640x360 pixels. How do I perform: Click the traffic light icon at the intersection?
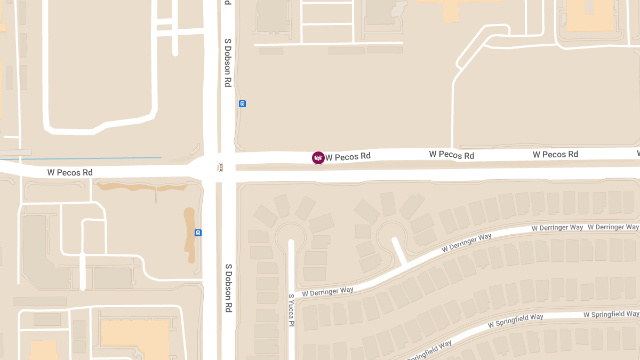point(220,167)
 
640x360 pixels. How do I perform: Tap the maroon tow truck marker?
point(318,157)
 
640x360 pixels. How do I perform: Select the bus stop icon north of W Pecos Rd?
point(242,103)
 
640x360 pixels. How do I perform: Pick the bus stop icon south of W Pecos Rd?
point(198,233)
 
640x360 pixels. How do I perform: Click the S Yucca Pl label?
point(291,310)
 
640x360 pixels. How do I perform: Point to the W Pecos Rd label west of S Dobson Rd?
point(70,172)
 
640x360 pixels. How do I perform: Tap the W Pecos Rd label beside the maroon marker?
point(348,157)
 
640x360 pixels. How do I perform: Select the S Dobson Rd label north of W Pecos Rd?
point(228,62)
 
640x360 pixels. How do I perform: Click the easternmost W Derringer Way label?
point(613,227)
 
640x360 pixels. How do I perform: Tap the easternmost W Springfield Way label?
point(611,314)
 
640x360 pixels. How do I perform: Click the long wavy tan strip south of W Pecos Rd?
point(141,187)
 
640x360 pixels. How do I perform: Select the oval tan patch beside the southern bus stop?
point(189,235)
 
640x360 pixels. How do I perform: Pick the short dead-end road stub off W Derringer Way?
point(400,252)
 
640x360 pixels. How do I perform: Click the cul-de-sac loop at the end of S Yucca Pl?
point(291,235)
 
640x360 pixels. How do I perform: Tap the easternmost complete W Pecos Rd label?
point(555,154)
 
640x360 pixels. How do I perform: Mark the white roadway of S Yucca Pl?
point(291,267)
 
